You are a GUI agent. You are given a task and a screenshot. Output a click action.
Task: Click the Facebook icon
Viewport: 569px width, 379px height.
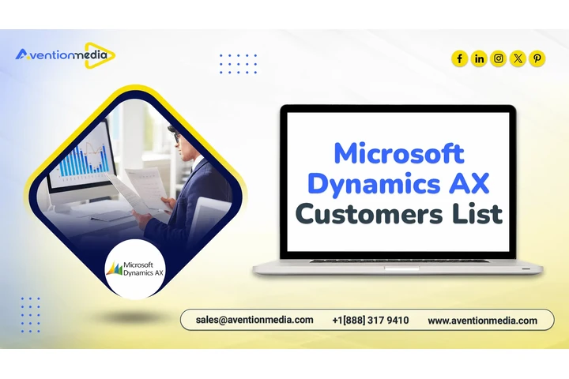pos(460,58)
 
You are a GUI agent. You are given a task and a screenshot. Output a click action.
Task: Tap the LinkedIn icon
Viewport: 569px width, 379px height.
pos(479,58)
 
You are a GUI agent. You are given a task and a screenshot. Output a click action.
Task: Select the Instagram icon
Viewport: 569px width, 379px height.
pos(499,58)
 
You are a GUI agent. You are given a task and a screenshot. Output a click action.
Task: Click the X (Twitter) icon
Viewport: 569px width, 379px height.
pos(518,58)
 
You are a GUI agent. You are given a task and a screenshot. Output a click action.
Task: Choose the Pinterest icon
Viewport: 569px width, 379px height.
pos(537,58)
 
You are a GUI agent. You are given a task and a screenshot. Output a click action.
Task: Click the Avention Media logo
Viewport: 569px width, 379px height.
pos(65,55)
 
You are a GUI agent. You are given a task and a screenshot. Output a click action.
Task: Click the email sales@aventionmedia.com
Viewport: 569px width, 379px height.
pos(254,321)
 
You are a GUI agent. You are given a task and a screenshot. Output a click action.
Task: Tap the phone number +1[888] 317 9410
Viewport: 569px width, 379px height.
pos(371,321)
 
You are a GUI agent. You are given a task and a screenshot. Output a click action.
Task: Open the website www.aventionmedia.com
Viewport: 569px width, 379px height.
pos(482,321)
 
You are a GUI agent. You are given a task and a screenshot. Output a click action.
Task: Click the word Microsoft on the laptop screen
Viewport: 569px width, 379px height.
pos(398,152)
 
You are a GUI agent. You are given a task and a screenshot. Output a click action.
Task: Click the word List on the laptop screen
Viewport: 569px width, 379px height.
pos(477,212)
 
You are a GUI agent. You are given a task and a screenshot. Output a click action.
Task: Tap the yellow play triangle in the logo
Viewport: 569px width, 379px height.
pos(105,55)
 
